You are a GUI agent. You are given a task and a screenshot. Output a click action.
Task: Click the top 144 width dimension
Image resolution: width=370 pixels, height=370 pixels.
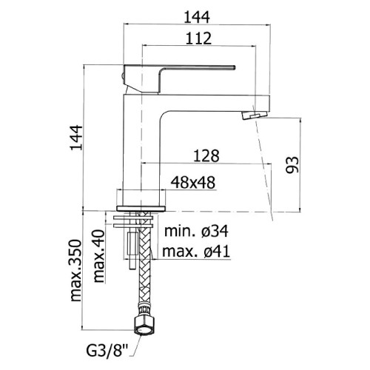(x=197, y=17)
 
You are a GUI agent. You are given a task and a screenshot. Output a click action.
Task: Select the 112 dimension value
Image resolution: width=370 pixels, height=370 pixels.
(x=198, y=38)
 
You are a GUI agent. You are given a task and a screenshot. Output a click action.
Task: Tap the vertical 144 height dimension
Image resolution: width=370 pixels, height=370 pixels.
(x=76, y=138)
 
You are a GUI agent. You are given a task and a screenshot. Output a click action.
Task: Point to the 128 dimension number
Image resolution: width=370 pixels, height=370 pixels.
(x=206, y=156)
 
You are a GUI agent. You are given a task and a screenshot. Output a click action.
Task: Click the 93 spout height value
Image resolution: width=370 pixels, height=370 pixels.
(x=292, y=165)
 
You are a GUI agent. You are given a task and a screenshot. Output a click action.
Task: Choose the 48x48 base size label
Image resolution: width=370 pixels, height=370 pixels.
(x=193, y=183)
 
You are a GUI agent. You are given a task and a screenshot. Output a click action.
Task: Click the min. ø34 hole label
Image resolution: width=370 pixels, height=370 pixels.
(x=196, y=231)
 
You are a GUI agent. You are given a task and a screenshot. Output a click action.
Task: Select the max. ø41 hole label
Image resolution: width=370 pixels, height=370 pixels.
(x=196, y=252)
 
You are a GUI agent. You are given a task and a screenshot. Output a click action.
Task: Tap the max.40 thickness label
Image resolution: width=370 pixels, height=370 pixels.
(x=99, y=256)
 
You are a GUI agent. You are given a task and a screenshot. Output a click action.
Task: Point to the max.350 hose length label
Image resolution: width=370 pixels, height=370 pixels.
(x=75, y=270)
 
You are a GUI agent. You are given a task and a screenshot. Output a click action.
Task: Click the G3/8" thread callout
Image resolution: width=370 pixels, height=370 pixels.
(x=107, y=351)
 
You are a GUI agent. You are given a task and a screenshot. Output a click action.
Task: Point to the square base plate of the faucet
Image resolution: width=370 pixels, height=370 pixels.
(x=141, y=209)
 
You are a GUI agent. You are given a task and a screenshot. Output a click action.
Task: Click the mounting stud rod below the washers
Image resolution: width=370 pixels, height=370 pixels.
(x=132, y=250)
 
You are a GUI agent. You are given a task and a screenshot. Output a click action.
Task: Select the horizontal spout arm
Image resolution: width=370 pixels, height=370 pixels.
(x=215, y=103)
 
